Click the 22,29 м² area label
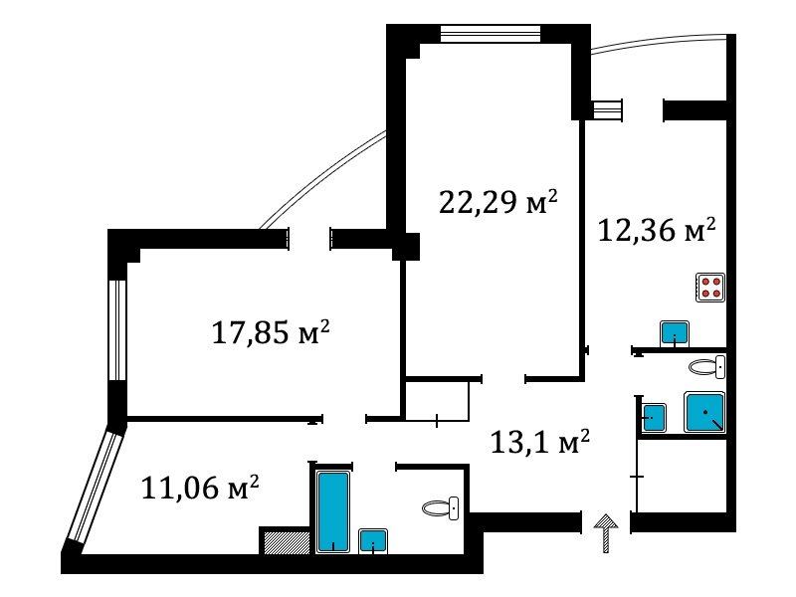point(498,202)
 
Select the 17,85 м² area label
point(271,332)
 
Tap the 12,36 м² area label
point(657,230)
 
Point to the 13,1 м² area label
point(539,441)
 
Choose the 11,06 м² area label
point(200,488)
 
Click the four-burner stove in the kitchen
point(710,288)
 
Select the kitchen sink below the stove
point(675,334)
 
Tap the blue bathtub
point(332,511)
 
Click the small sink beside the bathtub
point(373,541)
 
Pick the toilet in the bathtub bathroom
point(441,508)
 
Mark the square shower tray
point(704,412)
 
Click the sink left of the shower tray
point(655,417)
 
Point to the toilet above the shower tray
point(707,366)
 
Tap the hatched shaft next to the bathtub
point(287,542)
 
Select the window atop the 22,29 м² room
point(490,34)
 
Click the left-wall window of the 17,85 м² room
point(117,330)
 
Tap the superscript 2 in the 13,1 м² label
point(585,435)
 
